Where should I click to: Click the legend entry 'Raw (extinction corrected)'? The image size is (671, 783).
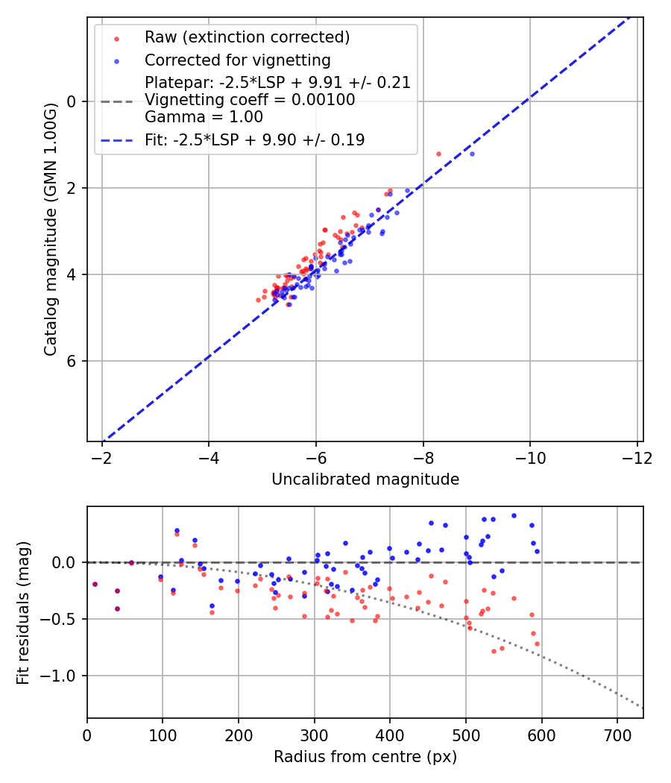(247, 37)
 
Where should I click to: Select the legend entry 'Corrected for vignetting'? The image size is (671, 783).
(237, 60)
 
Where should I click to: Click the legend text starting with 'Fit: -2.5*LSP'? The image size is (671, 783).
(254, 140)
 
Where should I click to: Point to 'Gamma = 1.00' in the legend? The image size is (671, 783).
(204, 117)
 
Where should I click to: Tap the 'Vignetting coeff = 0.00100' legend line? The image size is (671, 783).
(250, 100)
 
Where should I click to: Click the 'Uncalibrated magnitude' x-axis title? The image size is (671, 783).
(365, 479)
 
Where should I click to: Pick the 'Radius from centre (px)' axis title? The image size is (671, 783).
(365, 757)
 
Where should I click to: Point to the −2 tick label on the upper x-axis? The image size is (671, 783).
(102, 457)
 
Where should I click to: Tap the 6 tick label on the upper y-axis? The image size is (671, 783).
(72, 362)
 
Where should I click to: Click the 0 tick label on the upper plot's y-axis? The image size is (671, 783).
(72, 101)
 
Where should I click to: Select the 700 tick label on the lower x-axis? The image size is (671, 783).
(617, 735)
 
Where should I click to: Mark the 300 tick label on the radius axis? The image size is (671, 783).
(314, 735)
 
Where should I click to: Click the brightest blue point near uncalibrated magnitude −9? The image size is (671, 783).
(472, 154)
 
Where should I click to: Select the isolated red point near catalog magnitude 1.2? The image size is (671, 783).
(438, 154)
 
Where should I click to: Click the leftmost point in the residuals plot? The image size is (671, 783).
(95, 584)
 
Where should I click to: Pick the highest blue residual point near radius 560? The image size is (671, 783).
(514, 515)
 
